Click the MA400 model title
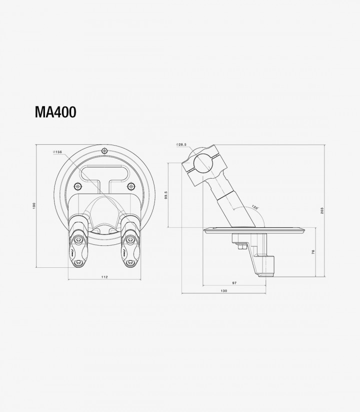tap(55, 112)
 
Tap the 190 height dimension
tap(33, 206)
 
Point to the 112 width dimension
tap(104, 277)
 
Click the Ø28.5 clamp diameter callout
tap(181, 145)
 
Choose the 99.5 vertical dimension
tap(165, 195)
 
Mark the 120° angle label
tap(255, 207)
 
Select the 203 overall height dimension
tap(322, 211)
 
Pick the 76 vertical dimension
tap(313, 252)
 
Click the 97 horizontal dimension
tap(234, 283)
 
